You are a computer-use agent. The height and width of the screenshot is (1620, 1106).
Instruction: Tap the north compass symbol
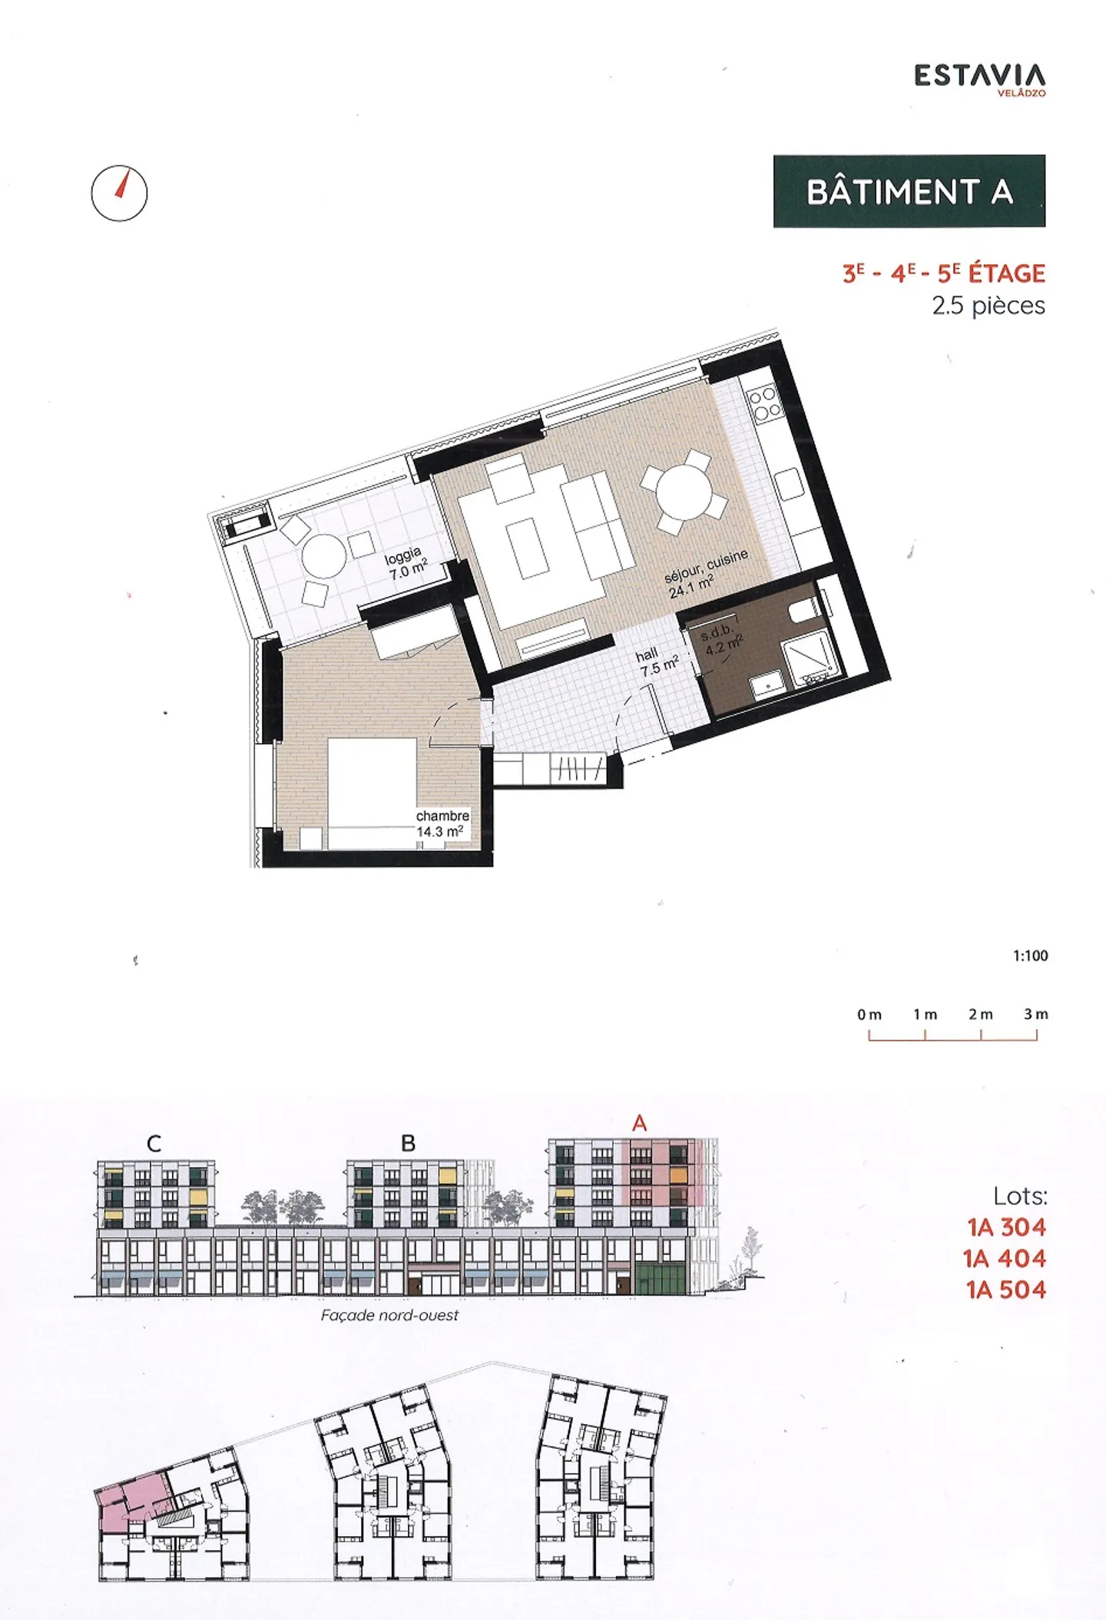(119, 193)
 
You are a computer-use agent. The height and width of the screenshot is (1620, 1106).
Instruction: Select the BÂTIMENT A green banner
(909, 191)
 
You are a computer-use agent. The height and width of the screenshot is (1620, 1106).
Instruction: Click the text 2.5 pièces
(988, 306)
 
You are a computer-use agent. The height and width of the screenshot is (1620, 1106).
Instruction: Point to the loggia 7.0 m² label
(406, 564)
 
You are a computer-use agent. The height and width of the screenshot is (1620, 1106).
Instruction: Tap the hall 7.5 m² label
(657, 661)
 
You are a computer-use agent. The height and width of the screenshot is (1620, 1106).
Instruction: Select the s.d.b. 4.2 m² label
(720, 639)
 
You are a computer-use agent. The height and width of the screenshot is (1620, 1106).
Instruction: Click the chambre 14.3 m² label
(442, 823)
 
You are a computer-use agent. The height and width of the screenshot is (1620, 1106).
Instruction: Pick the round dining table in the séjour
(685, 492)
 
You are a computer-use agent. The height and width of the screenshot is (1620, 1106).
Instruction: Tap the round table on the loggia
(323, 555)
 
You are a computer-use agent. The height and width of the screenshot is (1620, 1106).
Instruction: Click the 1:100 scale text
(1029, 956)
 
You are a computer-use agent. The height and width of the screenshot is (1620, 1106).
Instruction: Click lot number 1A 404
(1005, 1258)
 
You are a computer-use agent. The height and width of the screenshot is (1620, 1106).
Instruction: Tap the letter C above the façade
(154, 1144)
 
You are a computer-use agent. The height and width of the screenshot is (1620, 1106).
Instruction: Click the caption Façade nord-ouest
(389, 1315)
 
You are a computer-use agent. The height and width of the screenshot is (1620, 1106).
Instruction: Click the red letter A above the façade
(639, 1124)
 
